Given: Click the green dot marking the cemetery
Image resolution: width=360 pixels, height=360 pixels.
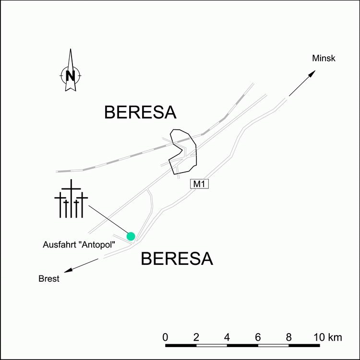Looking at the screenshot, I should pyautogui.click(x=131, y=236).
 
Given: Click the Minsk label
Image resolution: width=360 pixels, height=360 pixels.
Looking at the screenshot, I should pyautogui.click(x=324, y=59).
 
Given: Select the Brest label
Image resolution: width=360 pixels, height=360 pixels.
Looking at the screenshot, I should pyautogui.click(x=49, y=279).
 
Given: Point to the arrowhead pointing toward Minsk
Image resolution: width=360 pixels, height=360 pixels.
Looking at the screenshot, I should pyautogui.click(x=312, y=74).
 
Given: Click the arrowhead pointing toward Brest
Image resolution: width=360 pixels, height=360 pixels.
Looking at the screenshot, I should pyautogui.click(x=68, y=270).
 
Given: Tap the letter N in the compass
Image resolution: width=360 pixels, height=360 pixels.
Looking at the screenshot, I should pyautogui.click(x=71, y=75).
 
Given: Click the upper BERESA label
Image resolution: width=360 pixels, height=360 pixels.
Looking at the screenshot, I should pyautogui.click(x=140, y=113).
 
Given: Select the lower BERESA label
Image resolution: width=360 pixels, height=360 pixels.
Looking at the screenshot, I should pyautogui.click(x=177, y=260).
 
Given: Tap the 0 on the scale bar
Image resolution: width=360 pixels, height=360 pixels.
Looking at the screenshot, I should pyautogui.click(x=165, y=336).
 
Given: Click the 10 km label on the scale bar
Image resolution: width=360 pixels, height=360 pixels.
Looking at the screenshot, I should pyautogui.click(x=329, y=336).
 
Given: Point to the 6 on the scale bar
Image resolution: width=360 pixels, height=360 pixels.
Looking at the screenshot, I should pyautogui.click(x=258, y=336).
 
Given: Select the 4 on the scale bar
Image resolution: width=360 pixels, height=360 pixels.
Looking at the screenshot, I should pyautogui.click(x=227, y=336).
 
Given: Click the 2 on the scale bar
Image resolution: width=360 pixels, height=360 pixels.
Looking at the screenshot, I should pyautogui.click(x=196, y=336).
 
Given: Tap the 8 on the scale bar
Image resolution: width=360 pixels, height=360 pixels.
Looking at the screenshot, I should pyautogui.click(x=288, y=336).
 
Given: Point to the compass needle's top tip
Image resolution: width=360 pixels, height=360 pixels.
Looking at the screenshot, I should pyautogui.click(x=71, y=50).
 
